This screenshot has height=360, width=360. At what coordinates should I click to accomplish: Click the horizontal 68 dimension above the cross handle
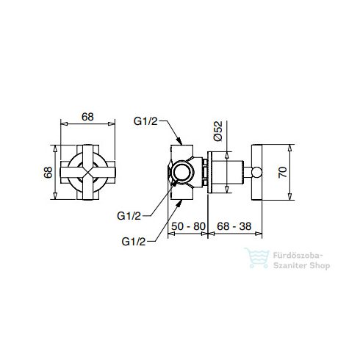coord(87,117)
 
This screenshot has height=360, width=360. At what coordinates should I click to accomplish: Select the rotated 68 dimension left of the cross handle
coord(48,172)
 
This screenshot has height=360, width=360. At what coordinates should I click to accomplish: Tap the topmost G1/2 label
coord(145,121)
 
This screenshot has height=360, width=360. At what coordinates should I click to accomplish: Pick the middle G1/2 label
coord(129,216)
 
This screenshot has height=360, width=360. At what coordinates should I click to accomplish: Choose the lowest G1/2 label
coord(134,242)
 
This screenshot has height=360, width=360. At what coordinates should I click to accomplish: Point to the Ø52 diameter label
coord(217,131)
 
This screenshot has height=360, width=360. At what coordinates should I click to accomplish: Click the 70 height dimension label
coord(283,172)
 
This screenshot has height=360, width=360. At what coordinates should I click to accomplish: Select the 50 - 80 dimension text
coord(188,226)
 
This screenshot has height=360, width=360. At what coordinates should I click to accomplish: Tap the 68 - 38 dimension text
coord(234,226)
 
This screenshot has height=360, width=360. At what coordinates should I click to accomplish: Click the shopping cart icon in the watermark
coord(257,258)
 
